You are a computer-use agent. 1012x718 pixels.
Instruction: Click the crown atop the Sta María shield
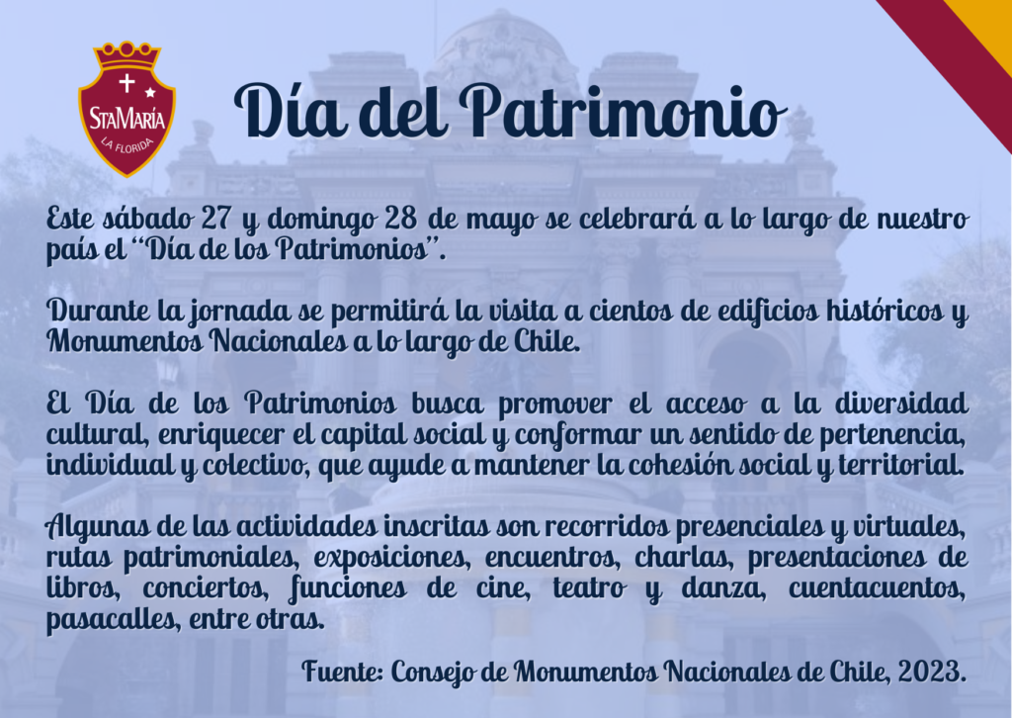[127, 55]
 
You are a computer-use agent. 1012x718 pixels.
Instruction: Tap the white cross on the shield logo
[126, 83]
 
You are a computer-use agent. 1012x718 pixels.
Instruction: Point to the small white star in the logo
[150, 92]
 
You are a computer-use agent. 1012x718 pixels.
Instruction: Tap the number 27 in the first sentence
[215, 219]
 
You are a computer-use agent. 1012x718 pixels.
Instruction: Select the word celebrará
[637, 219]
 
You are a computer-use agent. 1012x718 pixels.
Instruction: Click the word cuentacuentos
[878, 588]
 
